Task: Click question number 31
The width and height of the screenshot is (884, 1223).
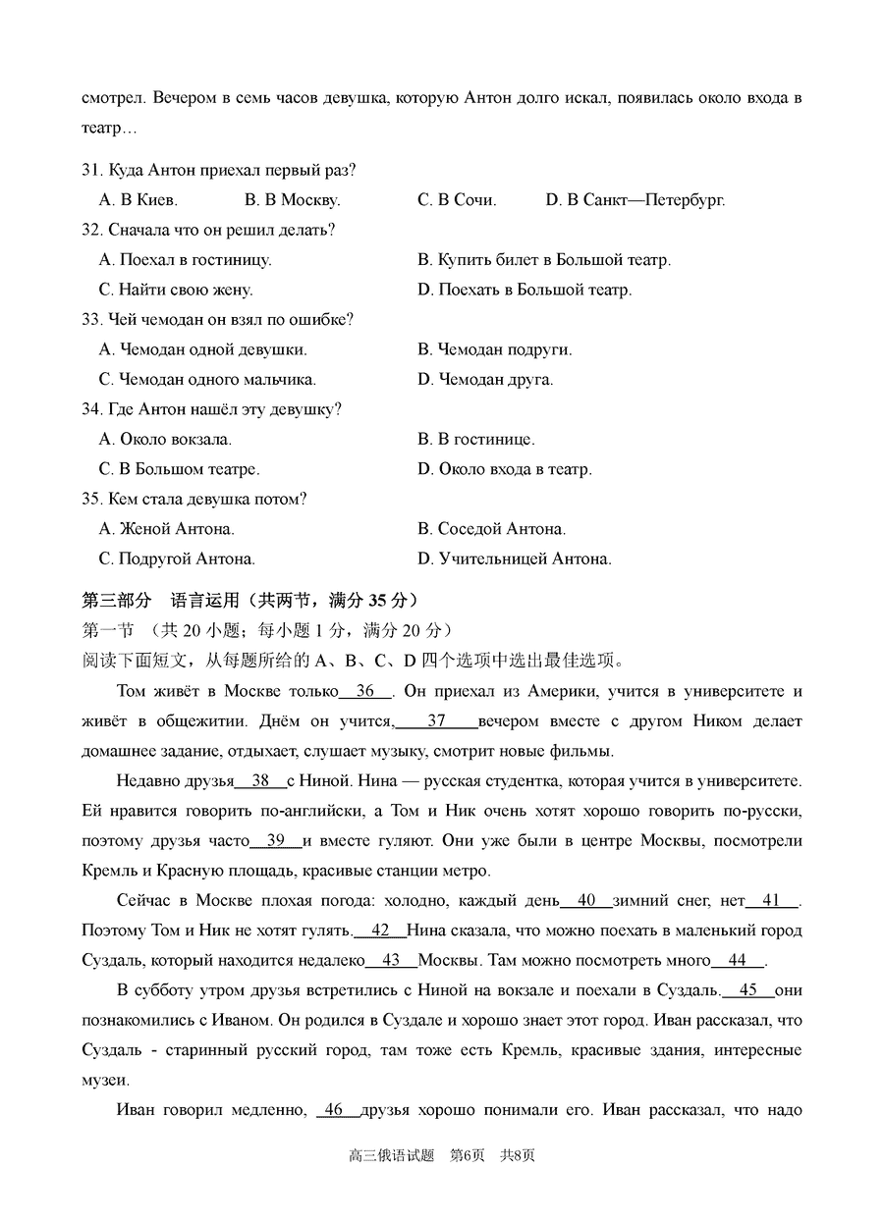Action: pyautogui.click(x=91, y=170)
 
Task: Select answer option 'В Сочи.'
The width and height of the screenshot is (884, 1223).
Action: pyautogui.click(x=457, y=200)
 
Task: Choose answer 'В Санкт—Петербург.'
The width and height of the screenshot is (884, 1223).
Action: pyautogui.click(x=635, y=200)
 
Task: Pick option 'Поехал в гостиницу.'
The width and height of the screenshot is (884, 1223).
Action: pyautogui.click(x=186, y=260)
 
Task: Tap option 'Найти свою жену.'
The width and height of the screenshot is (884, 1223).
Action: pyautogui.click(x=176, y=290)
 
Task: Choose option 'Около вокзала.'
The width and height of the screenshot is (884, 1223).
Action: pyautogui.click(x=166, y=439)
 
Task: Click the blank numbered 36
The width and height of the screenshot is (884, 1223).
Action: pyautogui.click(x=365, y=691)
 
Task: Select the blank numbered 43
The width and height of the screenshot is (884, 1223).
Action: pyautogui.click(x=391, y=960)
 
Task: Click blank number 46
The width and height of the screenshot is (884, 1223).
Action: pyautogui.click(x=334, y=1110)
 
